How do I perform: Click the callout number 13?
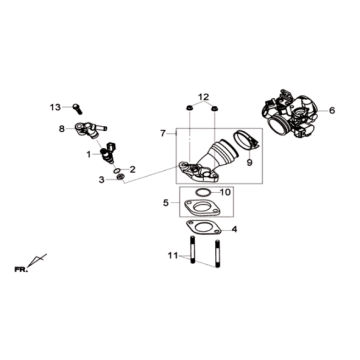coord(56,105)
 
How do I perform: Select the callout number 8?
coord(61,128)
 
